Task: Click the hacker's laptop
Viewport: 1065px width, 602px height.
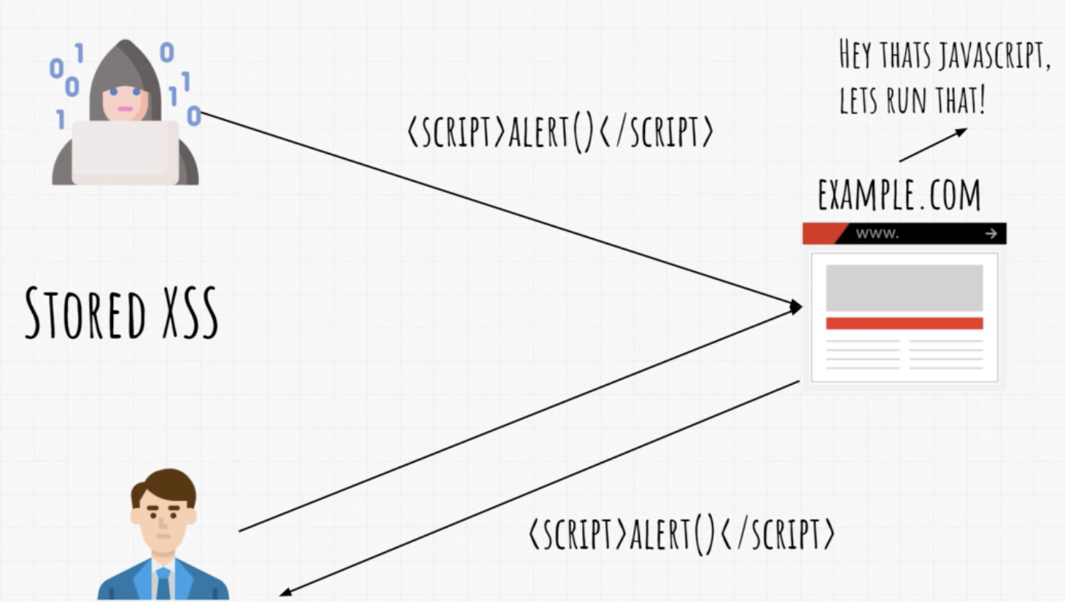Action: point(125,152)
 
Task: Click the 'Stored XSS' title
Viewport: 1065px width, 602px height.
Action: point(121,313)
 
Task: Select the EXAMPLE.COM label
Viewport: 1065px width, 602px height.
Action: point(899,195)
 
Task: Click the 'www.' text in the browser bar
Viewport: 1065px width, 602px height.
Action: point(877,234)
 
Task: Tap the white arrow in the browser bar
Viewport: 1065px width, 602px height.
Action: point(991,234)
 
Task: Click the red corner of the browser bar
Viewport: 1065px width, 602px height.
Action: point(821,233)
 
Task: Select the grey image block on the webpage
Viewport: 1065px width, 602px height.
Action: point(904,288)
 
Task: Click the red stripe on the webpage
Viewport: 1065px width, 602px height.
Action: point(904,324)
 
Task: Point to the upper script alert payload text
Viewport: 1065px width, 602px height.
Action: point(559,133)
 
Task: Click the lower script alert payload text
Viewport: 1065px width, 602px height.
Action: point(681,534)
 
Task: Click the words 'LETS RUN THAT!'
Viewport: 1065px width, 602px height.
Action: point(912,101)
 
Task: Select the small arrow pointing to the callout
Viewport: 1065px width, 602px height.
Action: point(933,145)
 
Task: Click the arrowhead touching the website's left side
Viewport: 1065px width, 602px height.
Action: point(796,307)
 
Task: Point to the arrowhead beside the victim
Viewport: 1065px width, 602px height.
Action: point(286,592)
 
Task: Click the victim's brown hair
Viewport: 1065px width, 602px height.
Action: point(164,482)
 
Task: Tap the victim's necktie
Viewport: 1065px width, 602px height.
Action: point(163,584)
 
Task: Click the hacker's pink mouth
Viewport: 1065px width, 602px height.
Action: point(125,109)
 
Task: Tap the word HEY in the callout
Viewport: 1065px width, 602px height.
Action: point(855,55)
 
